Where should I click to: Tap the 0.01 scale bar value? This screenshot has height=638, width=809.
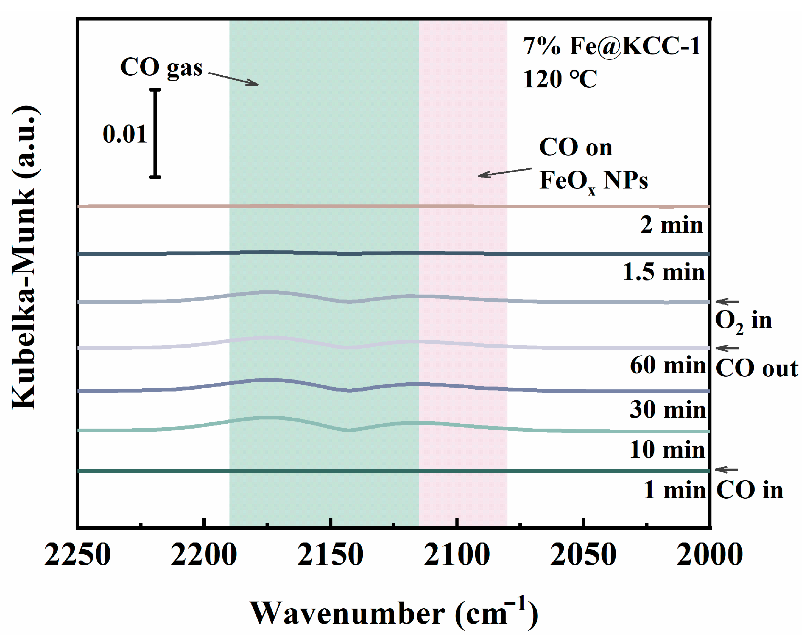click(125, 134)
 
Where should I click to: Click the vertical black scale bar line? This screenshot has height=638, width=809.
click(155, 133)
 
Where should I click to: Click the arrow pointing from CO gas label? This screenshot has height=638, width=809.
click(233, 79)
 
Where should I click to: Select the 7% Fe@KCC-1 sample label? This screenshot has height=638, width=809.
click(611, 47)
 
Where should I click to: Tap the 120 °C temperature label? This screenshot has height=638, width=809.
click(559, 79)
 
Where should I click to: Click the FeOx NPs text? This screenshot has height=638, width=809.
click(593, 181)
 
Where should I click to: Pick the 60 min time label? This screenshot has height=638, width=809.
click(668, 365)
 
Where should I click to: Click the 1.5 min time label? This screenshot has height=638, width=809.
click(663, 272)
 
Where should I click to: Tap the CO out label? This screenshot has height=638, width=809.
click(756, 369)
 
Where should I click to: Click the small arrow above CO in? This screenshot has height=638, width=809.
click(727, 470)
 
